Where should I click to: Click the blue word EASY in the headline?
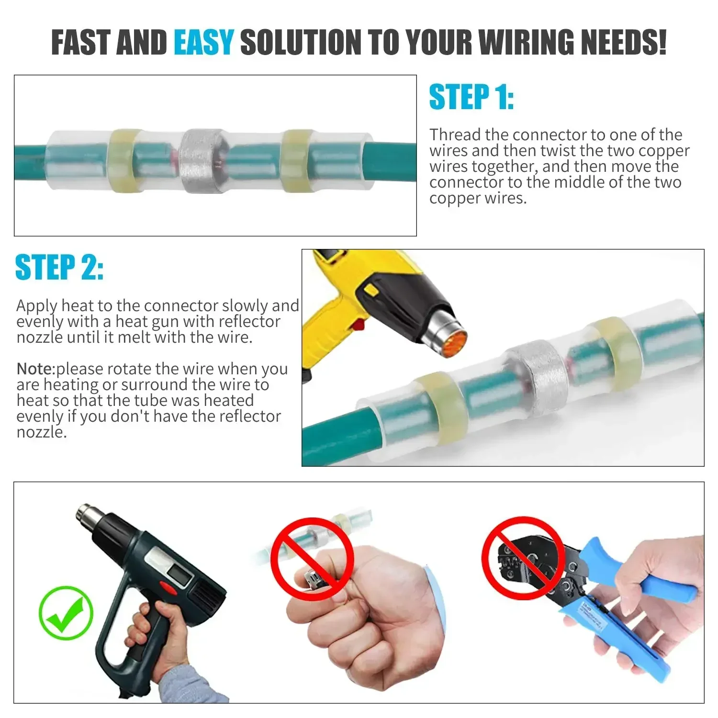pos(203,42)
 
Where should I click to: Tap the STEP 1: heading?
pos(471,98)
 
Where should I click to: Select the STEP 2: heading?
pos(59,268)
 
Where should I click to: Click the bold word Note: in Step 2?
pos(36,369)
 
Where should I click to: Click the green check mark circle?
pos(66,613)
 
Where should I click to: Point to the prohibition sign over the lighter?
pos(312,559)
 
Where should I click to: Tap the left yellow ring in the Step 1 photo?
pos(124,160)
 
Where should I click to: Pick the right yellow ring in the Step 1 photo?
pos(297,161)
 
